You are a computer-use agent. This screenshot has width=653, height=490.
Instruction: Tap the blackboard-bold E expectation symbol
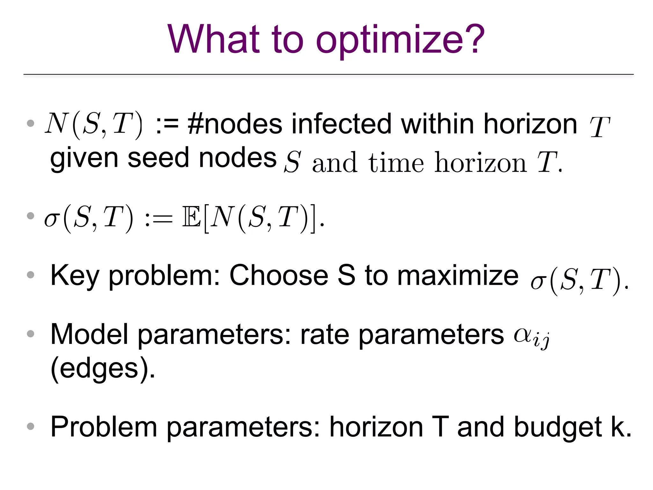pyautogui.click(x=191, y=217)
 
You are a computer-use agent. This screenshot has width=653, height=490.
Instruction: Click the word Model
pyautogui.click(x=89, y=334)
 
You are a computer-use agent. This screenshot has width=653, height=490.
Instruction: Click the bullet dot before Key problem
pyautogui.click(x=31, y=275)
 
